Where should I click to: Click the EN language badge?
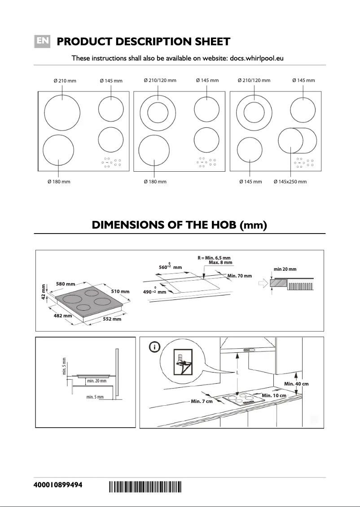pos(43,41)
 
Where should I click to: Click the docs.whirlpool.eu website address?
pos(256,58)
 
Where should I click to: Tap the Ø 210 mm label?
pos(65,81)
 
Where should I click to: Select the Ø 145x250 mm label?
pos(290,182)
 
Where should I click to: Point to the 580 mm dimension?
pos(66,284)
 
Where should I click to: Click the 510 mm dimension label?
pos(120,291)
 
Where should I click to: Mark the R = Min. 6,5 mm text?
pos(214,258)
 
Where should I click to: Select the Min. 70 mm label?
pos(240,276)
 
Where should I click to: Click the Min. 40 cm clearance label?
pos(296,384)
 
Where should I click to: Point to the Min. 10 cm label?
pos(274,395)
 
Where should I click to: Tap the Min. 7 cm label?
pos(202,401)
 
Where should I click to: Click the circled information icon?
pos(154,347)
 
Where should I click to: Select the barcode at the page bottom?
pos(145,486)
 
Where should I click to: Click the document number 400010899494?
pos(58,486)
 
